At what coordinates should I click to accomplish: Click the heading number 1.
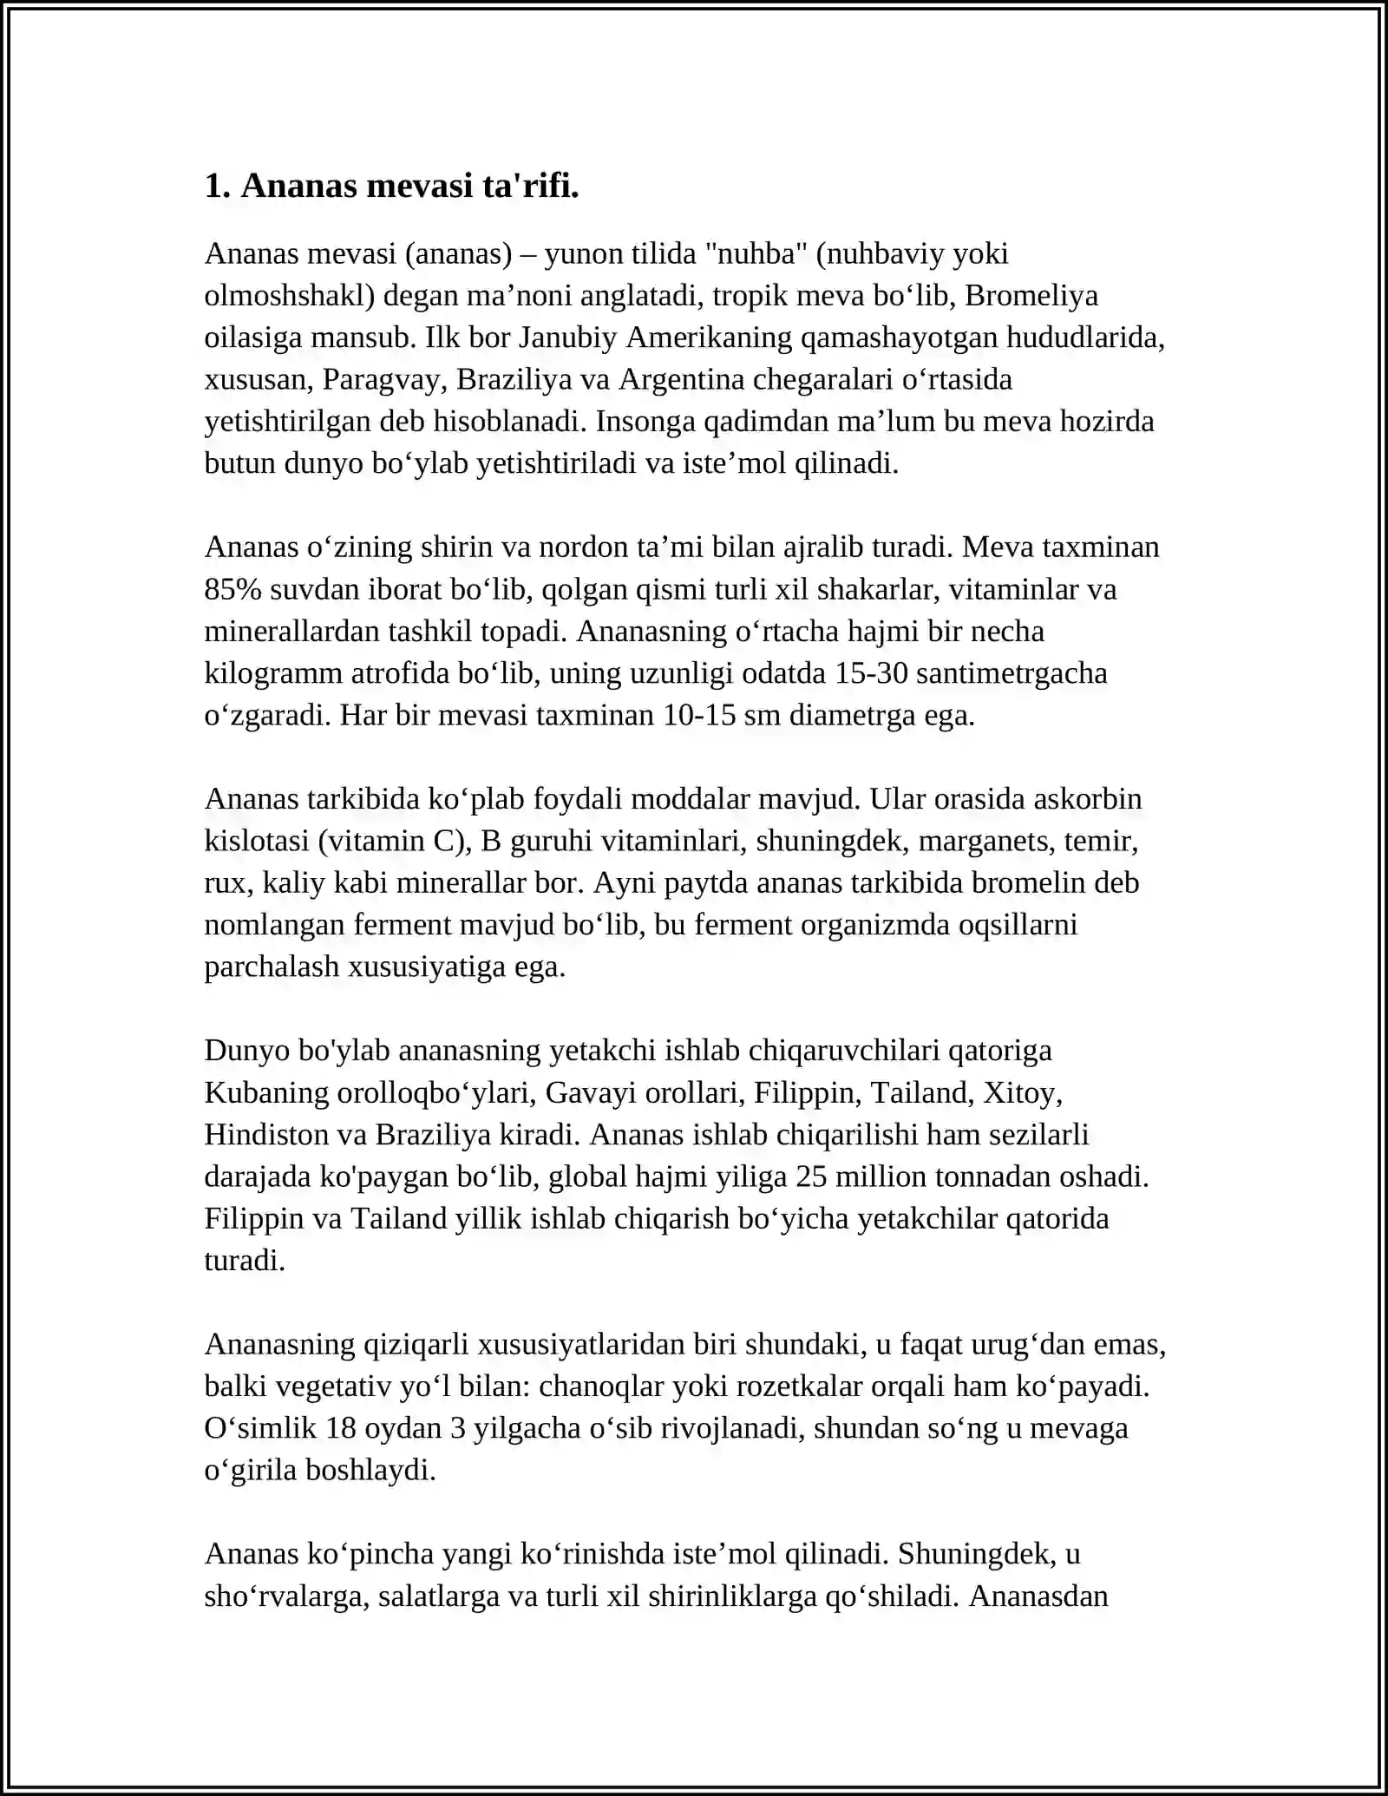[216, 187]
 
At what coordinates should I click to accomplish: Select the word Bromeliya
[1031, 296]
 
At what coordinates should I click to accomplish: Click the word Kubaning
[266, 1092]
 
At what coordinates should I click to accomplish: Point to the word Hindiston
[267, 1135]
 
